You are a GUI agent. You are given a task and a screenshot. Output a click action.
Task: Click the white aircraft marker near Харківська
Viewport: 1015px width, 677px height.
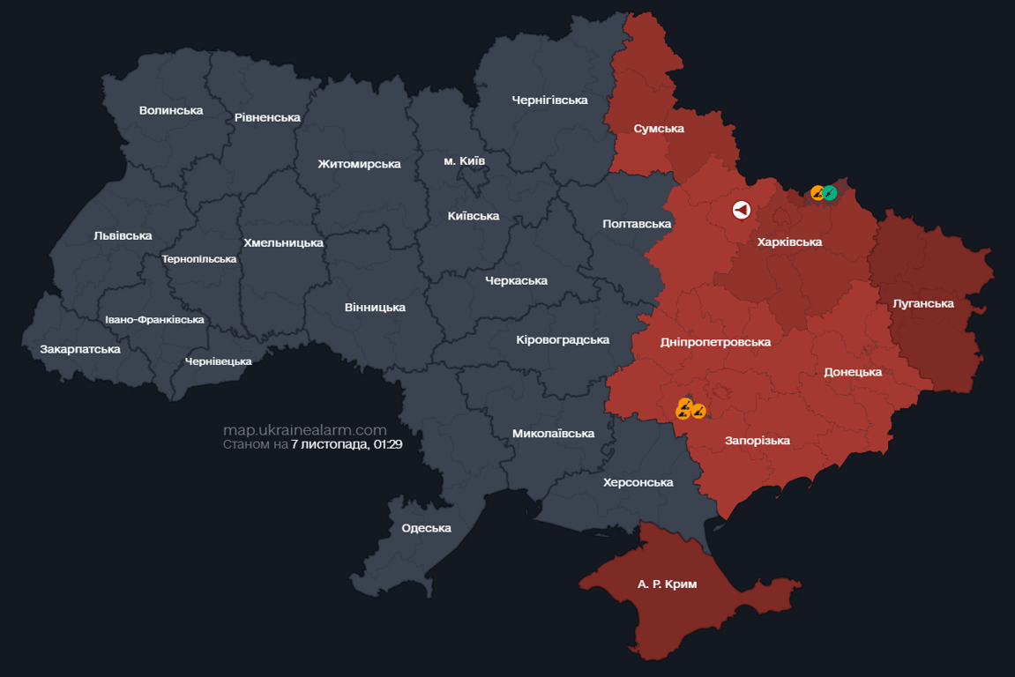[741, 210]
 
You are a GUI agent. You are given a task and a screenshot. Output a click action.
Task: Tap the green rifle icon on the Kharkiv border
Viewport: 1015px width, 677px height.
[830, 192]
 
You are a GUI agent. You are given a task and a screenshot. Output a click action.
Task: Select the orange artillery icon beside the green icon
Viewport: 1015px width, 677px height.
[817, 192]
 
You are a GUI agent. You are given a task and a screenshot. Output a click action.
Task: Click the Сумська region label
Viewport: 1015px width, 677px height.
[659, 129]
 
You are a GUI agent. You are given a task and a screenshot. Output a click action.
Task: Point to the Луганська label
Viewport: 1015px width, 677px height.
[923, 303]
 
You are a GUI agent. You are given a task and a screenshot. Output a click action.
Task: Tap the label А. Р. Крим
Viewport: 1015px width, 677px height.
[667, 584]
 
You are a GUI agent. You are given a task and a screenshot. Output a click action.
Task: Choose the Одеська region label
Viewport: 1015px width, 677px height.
[426, 528]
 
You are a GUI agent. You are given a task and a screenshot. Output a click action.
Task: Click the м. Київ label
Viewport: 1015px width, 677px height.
[464, 160]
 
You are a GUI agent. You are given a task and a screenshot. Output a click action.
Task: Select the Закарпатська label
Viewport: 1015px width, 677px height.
[80, 349]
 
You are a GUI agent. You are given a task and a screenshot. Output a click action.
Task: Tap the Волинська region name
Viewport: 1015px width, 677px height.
[171, 110]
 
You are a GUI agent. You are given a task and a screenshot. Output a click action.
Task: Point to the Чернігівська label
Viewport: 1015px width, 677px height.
[549, 100]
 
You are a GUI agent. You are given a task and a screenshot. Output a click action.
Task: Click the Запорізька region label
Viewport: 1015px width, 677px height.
[757, 440]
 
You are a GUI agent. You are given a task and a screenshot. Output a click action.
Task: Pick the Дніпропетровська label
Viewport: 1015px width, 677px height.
[715, 342]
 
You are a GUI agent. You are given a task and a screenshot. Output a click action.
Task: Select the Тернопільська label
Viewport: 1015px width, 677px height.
[199, 259]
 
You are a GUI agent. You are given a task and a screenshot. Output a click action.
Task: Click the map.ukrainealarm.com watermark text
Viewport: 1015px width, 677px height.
[304, 430]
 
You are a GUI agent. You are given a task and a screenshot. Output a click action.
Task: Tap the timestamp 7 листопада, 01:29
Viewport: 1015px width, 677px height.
[347, 444]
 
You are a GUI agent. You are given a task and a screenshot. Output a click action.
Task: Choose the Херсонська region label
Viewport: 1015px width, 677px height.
[638, 482]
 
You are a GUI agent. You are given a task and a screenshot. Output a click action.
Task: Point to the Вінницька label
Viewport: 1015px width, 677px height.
[375, 308]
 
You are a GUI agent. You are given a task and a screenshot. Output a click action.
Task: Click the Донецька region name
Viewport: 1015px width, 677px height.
[853, 372]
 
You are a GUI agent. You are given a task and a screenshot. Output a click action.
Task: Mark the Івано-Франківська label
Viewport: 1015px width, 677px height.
[154, 320]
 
